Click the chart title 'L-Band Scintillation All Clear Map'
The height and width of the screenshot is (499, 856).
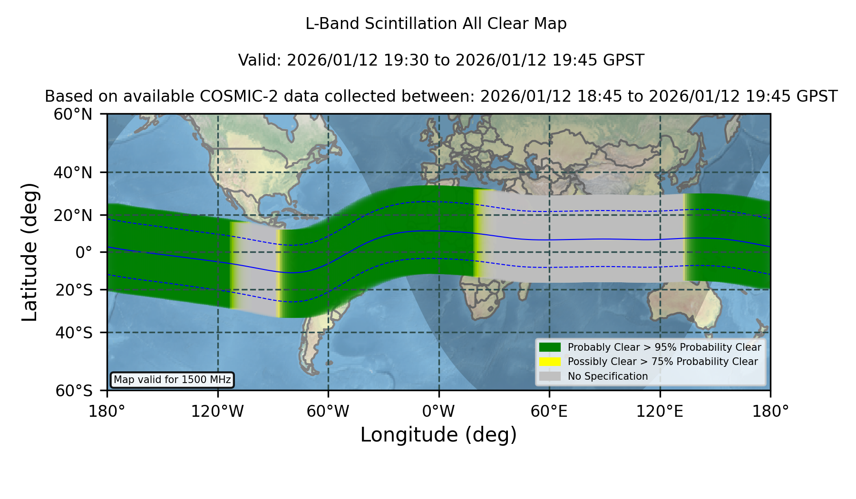click(436, 24)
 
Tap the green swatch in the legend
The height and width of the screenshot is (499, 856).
click(550, 347)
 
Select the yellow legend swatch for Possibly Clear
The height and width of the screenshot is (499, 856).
click(550, 362)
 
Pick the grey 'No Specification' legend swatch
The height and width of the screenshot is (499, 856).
click(550, 376)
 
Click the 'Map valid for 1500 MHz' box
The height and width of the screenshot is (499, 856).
click(172, 380)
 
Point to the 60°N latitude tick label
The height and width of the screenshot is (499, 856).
click(73, 115)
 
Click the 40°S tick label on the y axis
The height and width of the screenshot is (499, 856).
click(74, 333)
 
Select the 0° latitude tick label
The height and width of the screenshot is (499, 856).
click(84, 252)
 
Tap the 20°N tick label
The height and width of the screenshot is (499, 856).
click(73, 215)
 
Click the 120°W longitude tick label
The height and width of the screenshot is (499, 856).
click(217, 411)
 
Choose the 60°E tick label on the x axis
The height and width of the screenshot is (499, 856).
click(549, 411)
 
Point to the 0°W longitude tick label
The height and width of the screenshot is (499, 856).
click(439, 411)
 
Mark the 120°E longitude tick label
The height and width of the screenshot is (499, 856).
click(660, 411)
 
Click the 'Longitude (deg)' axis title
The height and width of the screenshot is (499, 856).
click(438, 435)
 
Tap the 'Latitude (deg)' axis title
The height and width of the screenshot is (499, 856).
click(29, 252)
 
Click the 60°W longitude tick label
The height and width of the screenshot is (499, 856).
click(328, 411)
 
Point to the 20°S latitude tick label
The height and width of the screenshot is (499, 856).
click(74, 290)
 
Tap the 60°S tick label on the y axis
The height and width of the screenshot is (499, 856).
click(74, 391)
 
